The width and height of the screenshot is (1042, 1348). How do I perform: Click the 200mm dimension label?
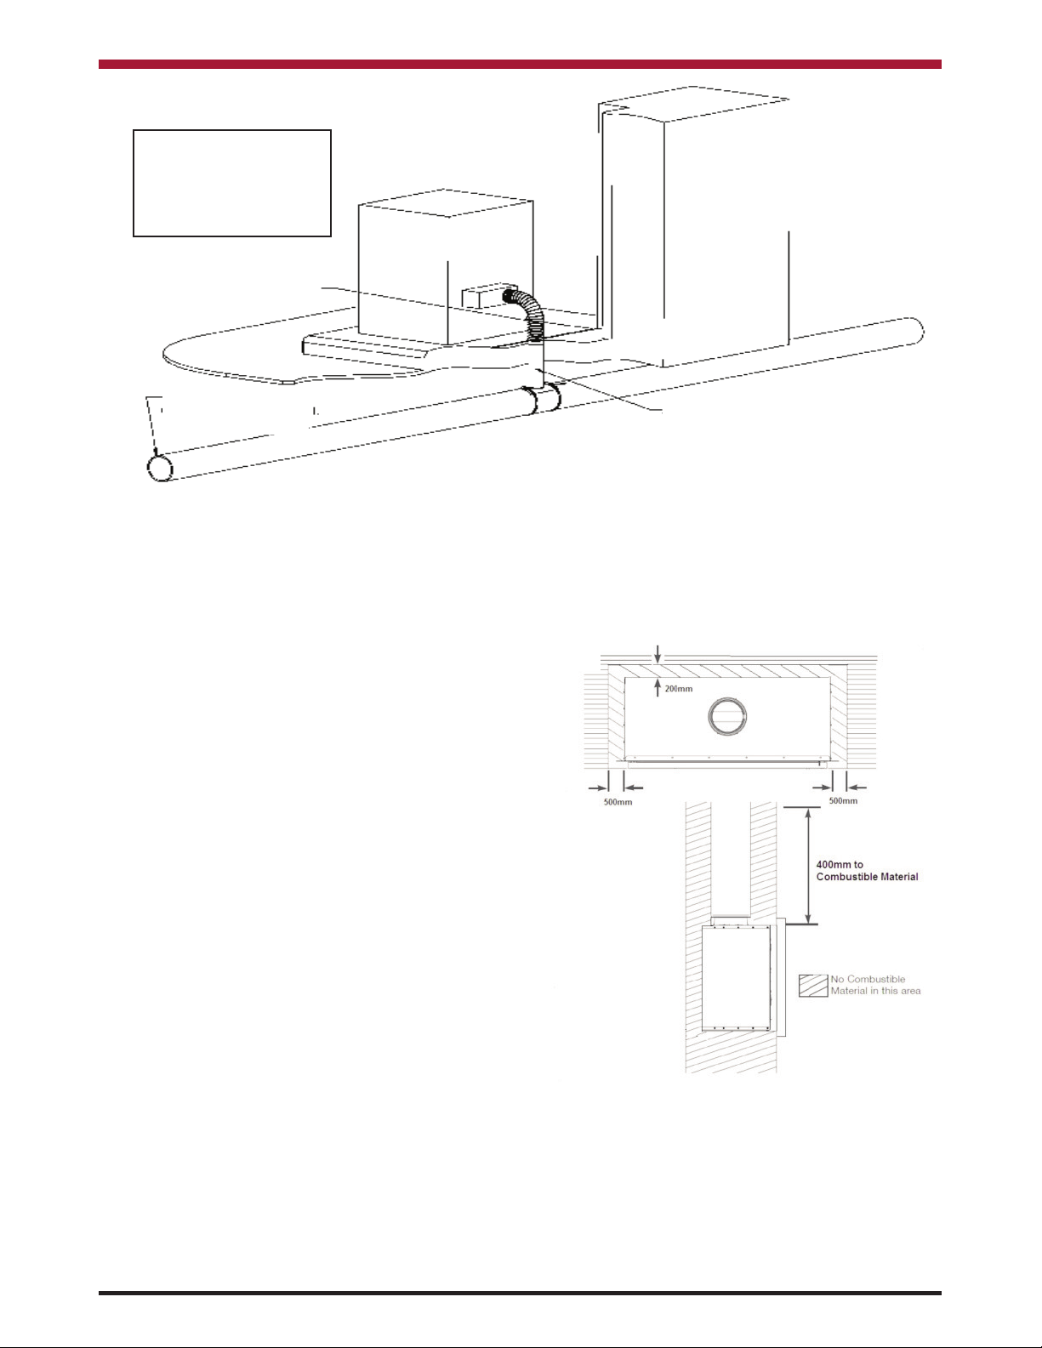point(679,689)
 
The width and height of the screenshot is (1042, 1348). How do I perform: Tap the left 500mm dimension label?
point(618,802)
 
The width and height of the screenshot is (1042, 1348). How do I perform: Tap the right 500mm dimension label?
point(844,801)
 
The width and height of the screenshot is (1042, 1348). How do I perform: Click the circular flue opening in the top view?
point(727,716)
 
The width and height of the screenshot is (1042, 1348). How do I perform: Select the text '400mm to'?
point(840,864)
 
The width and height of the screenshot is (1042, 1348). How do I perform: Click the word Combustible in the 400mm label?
point(845,877)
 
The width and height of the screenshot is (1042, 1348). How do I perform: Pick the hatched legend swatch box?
point(813,985)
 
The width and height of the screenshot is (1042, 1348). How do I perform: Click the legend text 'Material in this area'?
point(876,991)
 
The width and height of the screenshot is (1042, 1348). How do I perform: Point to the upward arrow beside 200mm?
point(658,688)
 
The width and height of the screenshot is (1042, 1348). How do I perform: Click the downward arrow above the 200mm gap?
point(658,655)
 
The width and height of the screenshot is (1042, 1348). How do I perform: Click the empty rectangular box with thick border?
point(232,183)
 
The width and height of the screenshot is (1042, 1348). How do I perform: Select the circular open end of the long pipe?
point(160,468)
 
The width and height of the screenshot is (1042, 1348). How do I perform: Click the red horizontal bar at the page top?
point(520,64)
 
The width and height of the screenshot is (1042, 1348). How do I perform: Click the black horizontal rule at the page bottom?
point(520,1293)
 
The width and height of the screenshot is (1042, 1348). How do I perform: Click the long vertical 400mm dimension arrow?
point(807,866)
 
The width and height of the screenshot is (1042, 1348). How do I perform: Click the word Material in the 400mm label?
point(897,877)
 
